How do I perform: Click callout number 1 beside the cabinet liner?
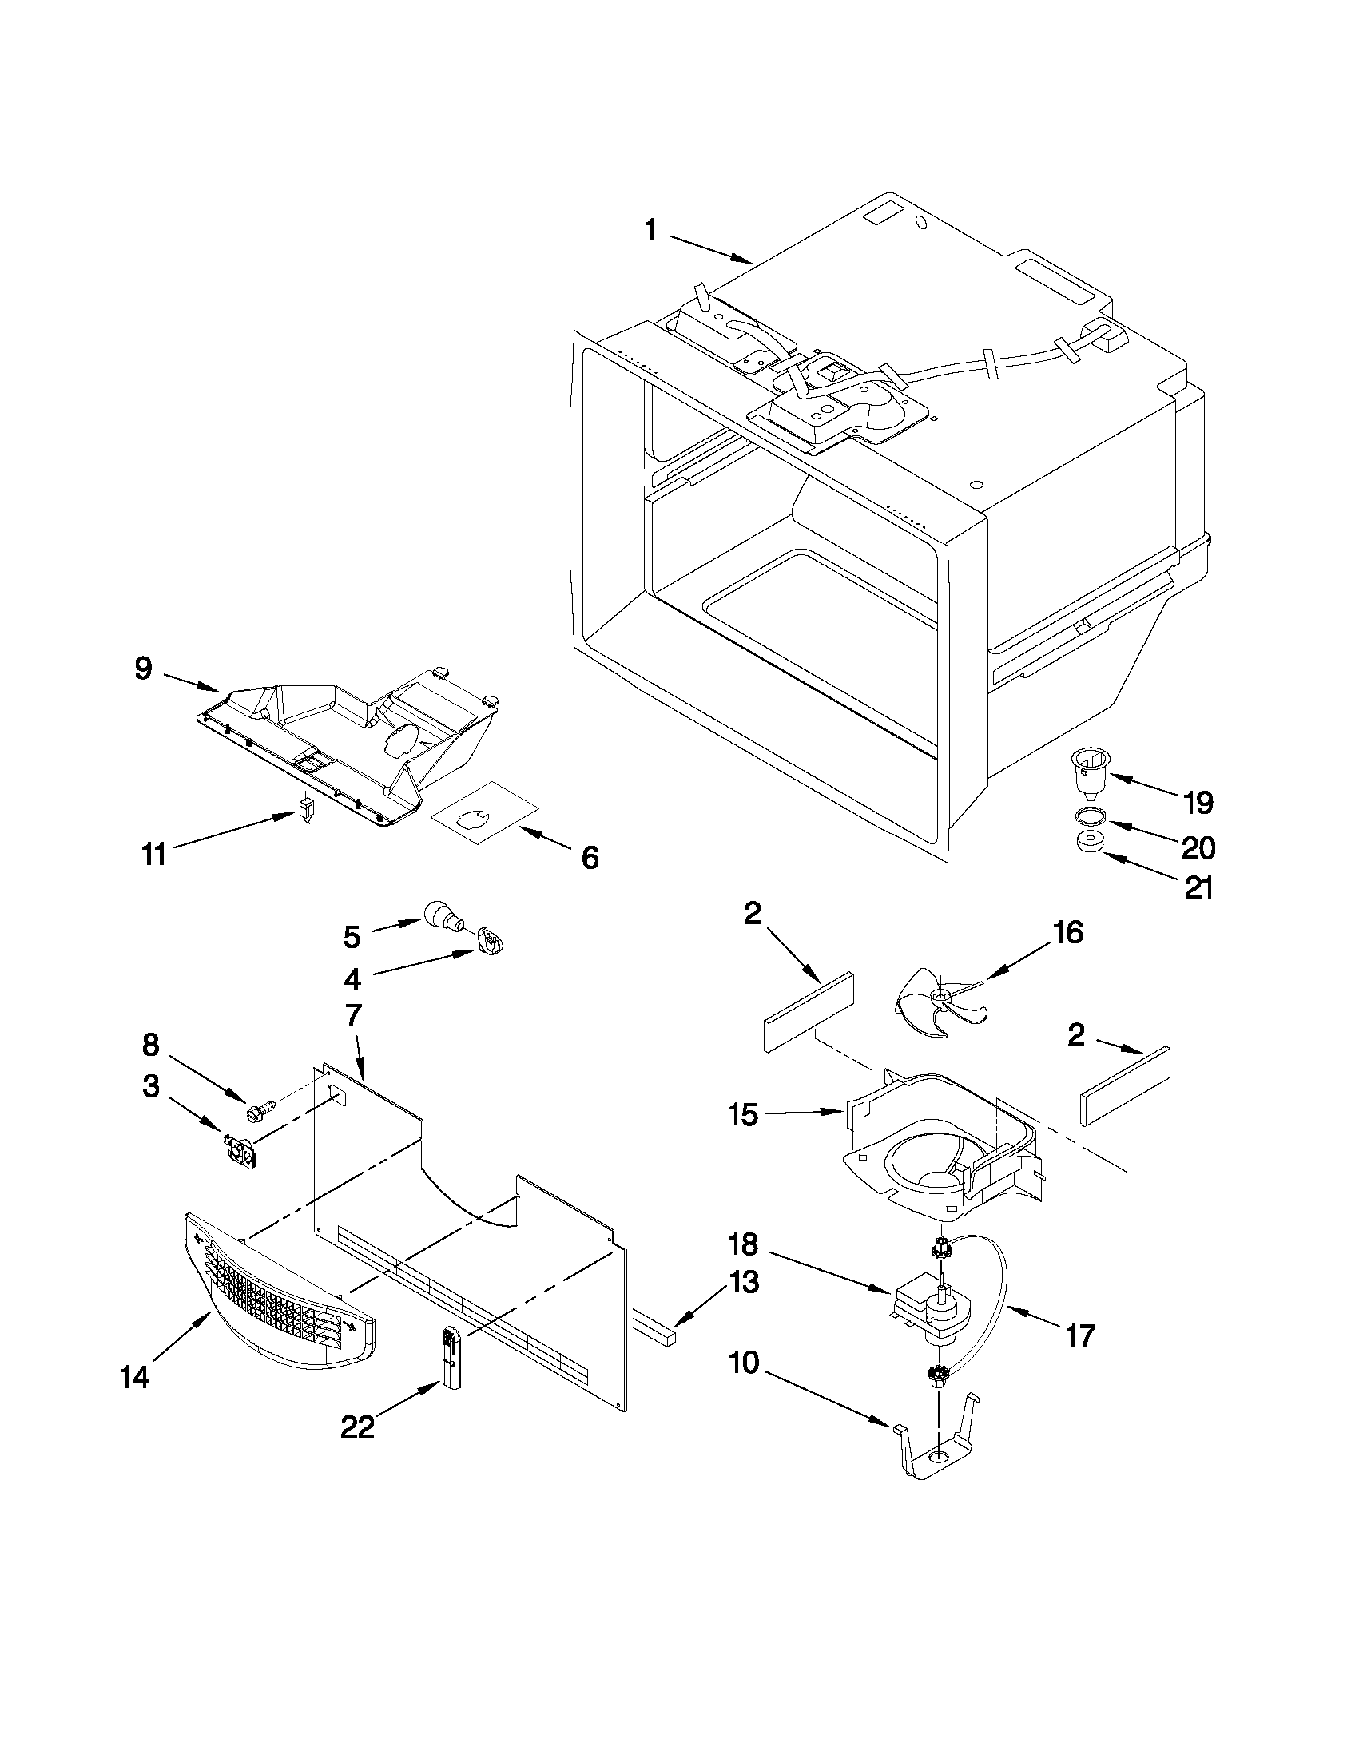pyautogui.click(x=650, y=231)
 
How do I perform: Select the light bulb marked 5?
pyautogui.click(x=441, y=916)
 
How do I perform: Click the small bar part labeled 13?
pyautogui.click(x=657, y=1327)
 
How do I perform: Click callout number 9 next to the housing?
pyautogui.click(x=143, y=669)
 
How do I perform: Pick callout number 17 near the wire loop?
pyautogui.click(x=1079, y=1336)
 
